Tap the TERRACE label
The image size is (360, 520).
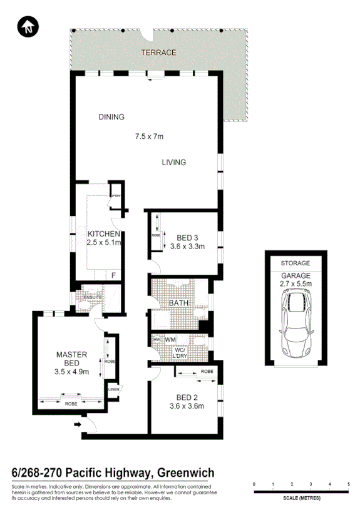(158, 53)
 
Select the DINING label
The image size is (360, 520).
(111, 117)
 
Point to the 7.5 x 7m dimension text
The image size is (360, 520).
(149, 136)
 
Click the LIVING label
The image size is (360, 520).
(173, 163)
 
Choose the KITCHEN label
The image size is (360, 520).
(103, 234)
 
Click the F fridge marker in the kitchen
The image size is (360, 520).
(113, 274)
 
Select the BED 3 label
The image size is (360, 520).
(188, 238)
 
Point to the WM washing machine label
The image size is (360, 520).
(170, 340)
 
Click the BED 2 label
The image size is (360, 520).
(188, 397)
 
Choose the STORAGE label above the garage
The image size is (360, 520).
(295, 263)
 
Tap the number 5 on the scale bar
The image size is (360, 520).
(348, 484)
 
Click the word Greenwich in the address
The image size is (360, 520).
(186, 473)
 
